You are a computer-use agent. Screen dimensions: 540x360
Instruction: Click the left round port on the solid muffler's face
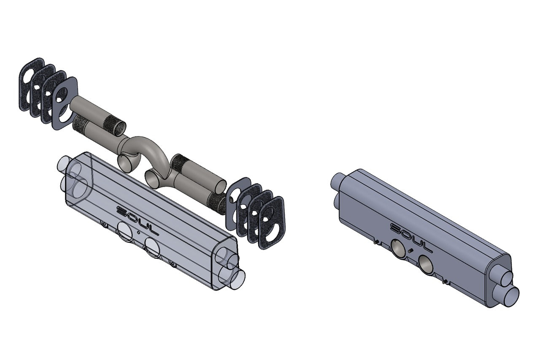[397, 249]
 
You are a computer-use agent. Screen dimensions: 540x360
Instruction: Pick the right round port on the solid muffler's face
[426, 265]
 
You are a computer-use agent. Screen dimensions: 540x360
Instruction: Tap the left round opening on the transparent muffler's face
[124, 231]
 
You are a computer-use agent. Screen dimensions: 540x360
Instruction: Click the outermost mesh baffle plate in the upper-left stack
[32, 84]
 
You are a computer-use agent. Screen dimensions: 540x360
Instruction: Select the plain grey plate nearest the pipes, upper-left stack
[65, 104]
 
